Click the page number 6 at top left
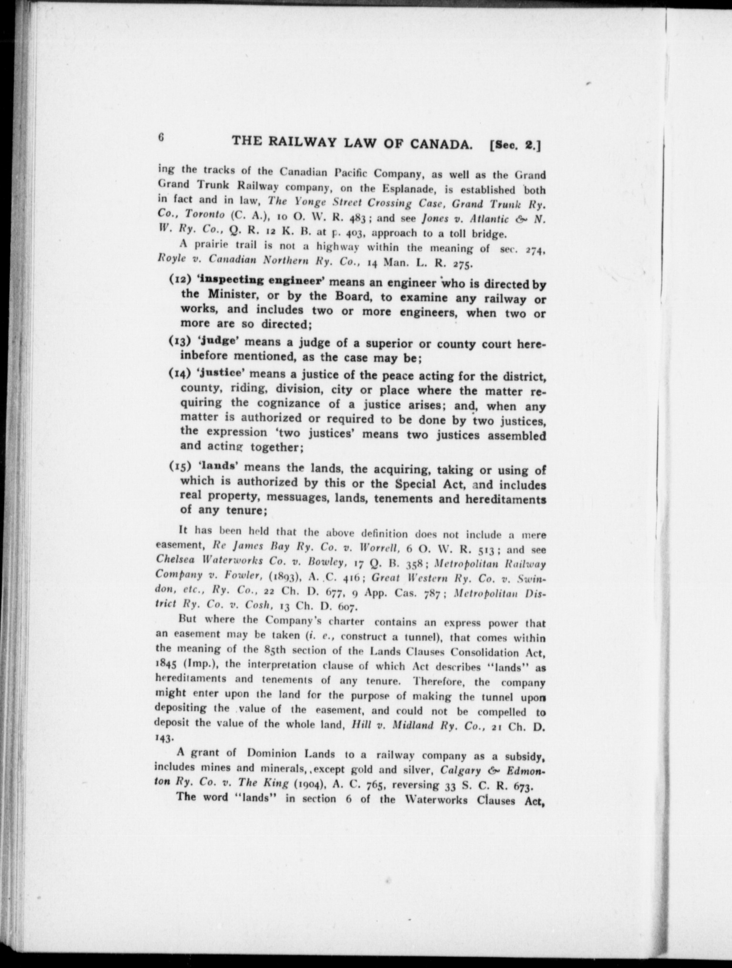pos(162,138)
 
